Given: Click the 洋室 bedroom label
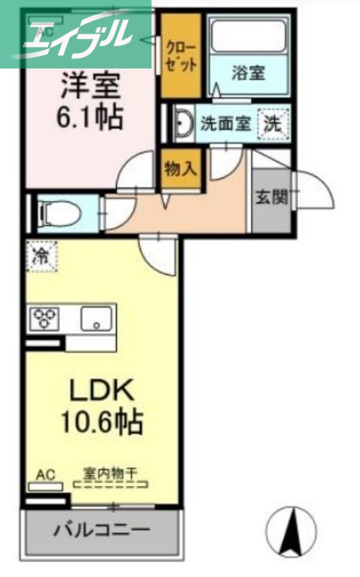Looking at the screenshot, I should coord(89,86).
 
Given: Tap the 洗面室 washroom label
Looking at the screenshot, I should coord(225,123).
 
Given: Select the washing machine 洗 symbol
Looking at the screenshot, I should coord(273,123).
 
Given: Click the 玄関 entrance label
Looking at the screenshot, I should coord(271,196).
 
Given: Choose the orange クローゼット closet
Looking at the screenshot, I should coord(180,56).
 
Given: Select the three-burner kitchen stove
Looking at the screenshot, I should coord(44,317).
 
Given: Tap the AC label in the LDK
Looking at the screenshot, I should coord(45,475).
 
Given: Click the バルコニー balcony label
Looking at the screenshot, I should coord(102,531).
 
